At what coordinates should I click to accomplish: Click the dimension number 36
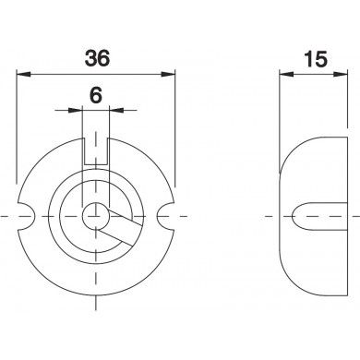click(97, 58)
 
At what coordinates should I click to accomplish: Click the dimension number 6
click(96, 95)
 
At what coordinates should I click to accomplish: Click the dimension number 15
click(316, 59)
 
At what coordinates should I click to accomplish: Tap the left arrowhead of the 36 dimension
click(24, 74)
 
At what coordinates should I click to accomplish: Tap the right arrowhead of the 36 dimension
click(168, 74)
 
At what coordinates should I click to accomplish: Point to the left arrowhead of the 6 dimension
click(76, 110)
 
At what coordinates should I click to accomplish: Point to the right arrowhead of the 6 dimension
click(116, 110)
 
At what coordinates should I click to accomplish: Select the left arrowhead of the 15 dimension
click(287, 74)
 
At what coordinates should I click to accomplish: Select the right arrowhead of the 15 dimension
click(341, 74)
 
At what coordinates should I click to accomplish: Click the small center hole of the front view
click(95, 216)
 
